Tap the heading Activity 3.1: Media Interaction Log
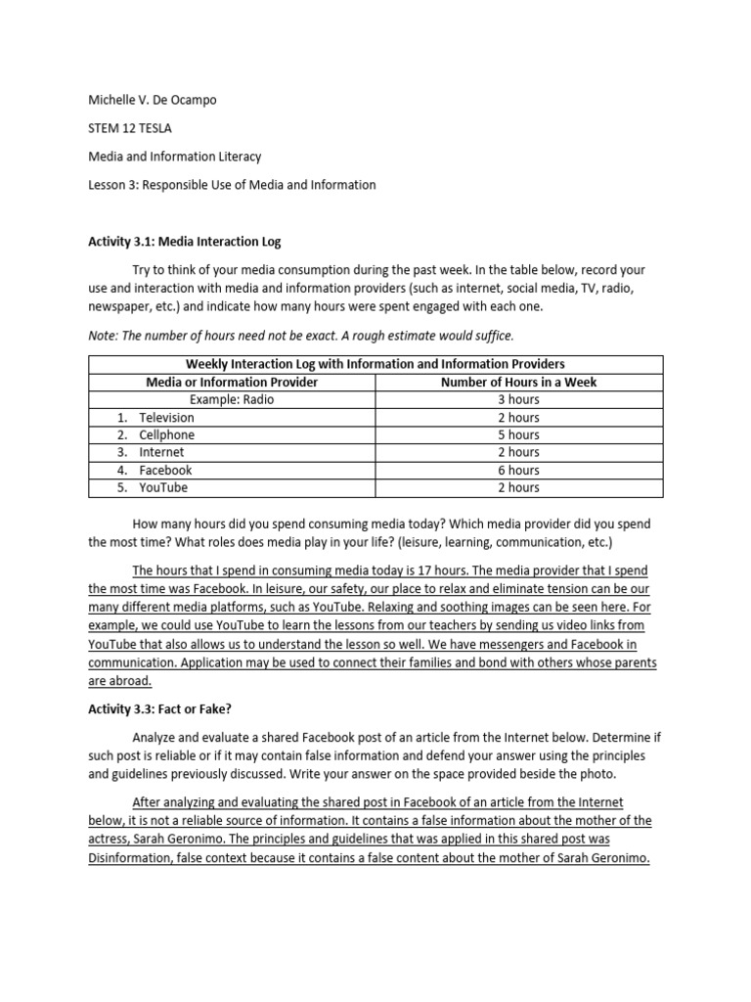pyautogui.click(x=185, y=241)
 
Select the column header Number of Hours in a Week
pyautogui.click(x=518, y=382)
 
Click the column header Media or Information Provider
pyautogui.click(x=232, y=382)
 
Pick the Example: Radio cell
pyautogui.click(x=232, y=399)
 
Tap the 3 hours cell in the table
pyautogui.click(x=518, y=399)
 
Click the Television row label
pyautogui.click(x=166, y=417)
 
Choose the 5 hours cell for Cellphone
pyautogui.click(x=518, y=434)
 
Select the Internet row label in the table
pyautogui.click(x=161, y=452)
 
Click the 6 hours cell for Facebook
pyautogui.click(x=518, y=470)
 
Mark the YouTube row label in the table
pyautogui.click(x=163, y=487)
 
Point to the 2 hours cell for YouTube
pyautogui.click(x=518, y=487)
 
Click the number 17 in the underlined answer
pyautogui.click(x=399, y=570)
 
